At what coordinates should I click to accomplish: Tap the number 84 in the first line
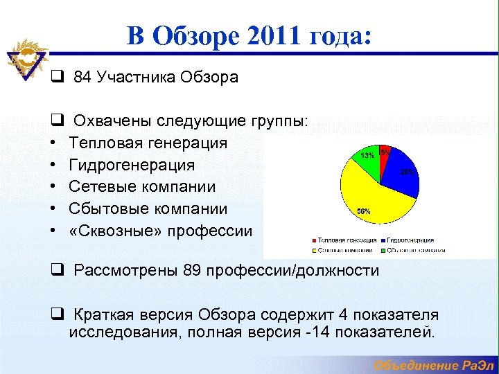tap(82, 77)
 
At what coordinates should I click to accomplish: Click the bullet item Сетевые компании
tap(142, 187)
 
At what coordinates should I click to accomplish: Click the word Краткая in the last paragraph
tap(100, 314)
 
